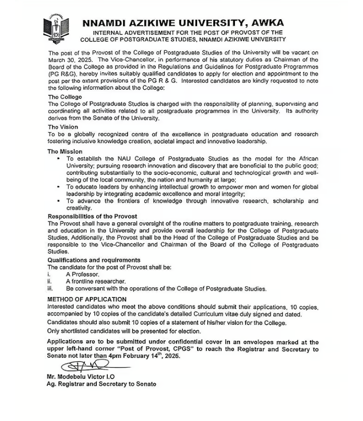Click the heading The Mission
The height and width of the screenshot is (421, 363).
(x=65, y=151)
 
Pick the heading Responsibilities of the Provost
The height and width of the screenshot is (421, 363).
(x=92, y=216)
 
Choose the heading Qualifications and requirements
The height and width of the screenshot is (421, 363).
(x=94, y=260)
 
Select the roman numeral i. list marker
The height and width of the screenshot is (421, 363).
(x=49, y=274)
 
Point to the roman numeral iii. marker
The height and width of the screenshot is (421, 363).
(x=50, y=289)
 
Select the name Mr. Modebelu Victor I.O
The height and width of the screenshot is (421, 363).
(x=85, y=377)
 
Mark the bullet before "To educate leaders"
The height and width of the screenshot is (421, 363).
(x=59, y=187)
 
